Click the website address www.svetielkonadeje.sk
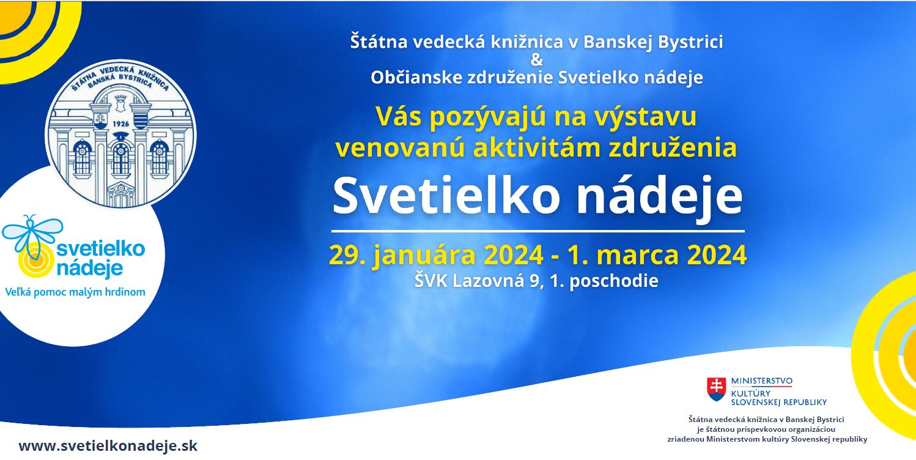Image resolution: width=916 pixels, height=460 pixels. (x=108, y=446)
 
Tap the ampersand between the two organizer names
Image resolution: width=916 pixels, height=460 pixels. (x=536, y=60)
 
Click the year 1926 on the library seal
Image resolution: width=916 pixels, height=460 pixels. (x=120, y=124)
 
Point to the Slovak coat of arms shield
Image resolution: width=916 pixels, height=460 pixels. (x=716, y=389)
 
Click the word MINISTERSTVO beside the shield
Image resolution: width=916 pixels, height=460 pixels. (x=761, y=381)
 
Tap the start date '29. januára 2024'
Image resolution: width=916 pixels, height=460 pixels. (x=436, y=255)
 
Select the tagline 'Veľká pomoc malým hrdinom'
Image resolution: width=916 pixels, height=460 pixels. (x=75, y=292)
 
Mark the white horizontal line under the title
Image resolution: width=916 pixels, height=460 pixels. (x=537, y=232)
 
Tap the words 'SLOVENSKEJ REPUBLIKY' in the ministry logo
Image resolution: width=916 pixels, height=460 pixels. (x=778, y=402)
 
